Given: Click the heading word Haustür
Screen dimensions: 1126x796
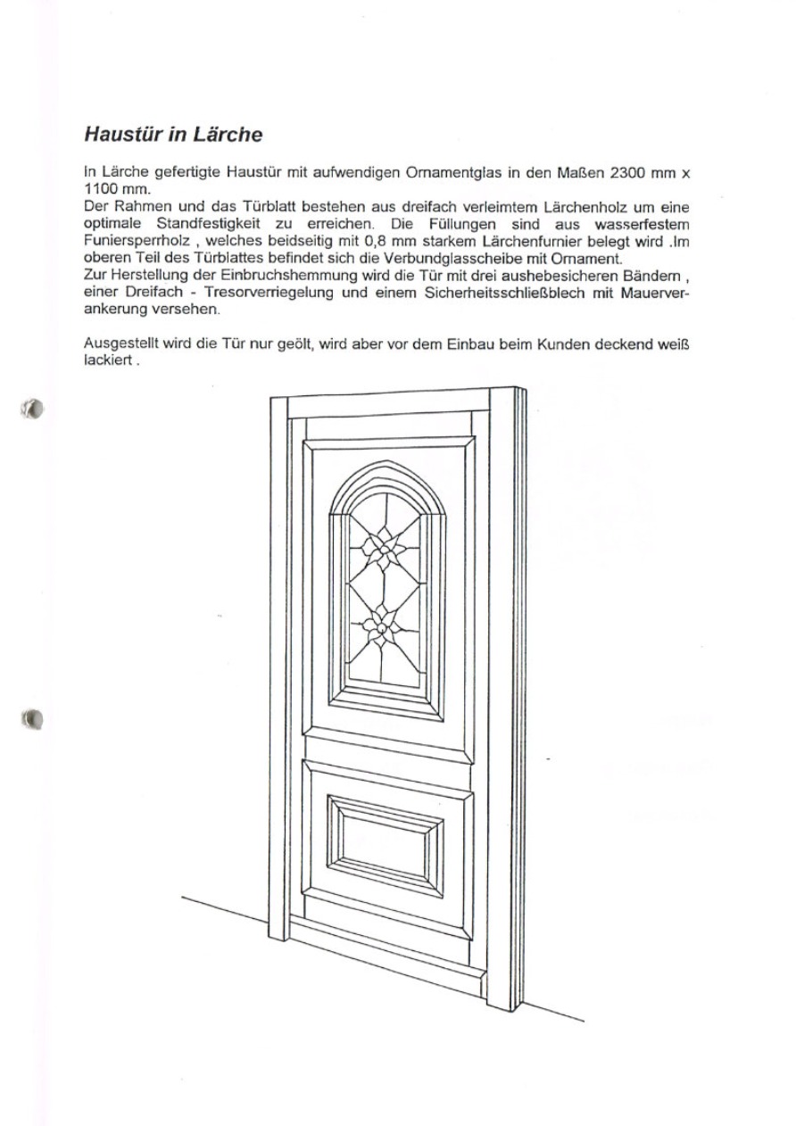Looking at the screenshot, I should (126, 135).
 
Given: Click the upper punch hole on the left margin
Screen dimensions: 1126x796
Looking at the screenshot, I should (34, 409).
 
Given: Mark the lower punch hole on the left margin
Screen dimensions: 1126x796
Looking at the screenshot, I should (33, 716).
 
